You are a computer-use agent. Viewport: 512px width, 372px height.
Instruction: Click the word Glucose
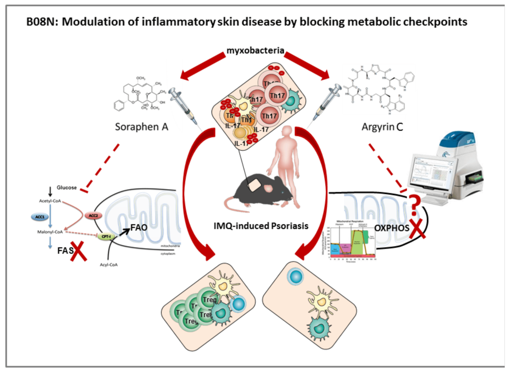tap(66, 188)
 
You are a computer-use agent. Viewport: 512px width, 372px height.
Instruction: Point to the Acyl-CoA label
tap(107, 265)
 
